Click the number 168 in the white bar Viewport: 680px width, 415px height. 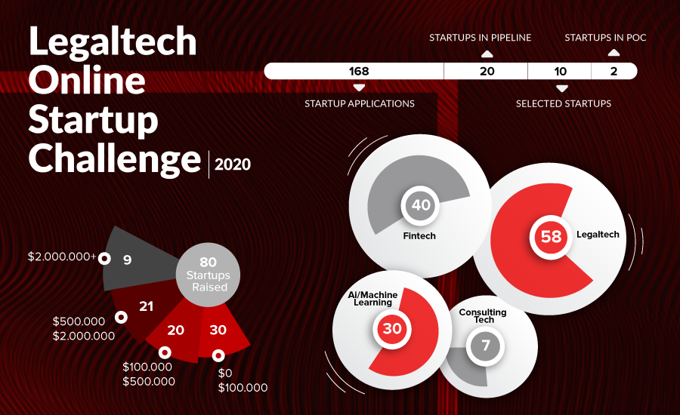click(x=359, y=71)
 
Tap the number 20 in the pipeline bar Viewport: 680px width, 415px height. click(x=487, y=71)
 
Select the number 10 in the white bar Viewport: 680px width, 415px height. click(x=561, y=71)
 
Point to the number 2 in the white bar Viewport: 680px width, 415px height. click(x=614, y=71)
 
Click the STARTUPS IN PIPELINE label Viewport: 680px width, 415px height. click(x=480, y=38)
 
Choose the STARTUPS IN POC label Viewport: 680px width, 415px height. click(x=605, y=38)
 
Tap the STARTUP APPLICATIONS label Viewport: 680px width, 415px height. click(x=360, y=103)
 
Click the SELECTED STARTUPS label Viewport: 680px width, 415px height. click(x=564, y=103)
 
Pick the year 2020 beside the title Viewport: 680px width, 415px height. click(x=233, y=164)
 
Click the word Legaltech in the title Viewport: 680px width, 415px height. click(x=113, y=41)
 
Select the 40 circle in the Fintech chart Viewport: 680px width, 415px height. click(x=421, y=205)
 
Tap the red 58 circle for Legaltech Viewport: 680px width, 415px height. click(x=552, y=236)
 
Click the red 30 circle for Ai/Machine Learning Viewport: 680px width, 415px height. click(x=392, y=328)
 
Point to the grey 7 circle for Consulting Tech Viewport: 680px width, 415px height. click(x=486, y=346)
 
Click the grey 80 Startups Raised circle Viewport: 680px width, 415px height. click(x=209, y=275)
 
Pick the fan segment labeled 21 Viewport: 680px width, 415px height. click(x=145, y=306)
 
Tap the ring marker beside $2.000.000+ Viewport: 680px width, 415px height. click(x=104, y=259)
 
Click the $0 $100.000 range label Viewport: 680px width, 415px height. click(x=243, y=380)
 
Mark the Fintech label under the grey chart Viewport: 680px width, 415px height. click(x=419, y=236)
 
